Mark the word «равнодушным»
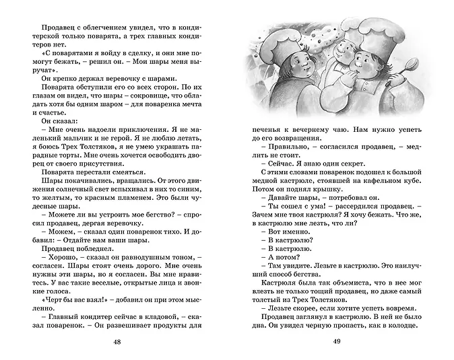coord(138,256)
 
